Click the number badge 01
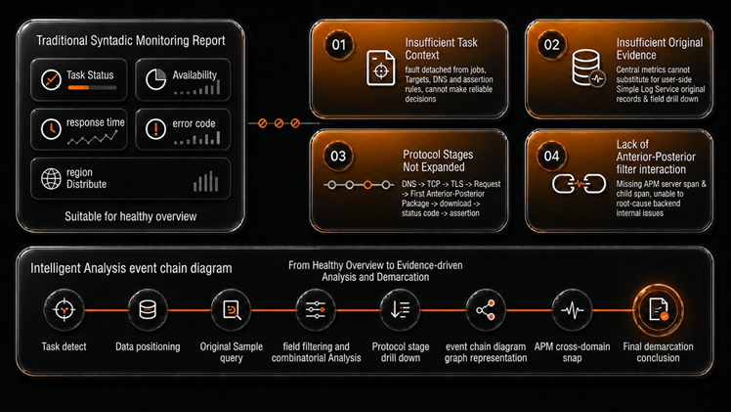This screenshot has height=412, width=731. tap(339, 45)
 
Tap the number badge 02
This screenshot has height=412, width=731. tap(551, 45)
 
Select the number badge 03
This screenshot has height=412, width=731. tap(338, 156)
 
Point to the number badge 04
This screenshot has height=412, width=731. tap(551, 156)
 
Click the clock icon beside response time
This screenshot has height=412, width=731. tap(51, 129)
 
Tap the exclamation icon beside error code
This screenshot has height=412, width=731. tap(155, 129)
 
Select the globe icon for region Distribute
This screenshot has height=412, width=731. tap(51, 179)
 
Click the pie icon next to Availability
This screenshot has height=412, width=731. tap(155, 79)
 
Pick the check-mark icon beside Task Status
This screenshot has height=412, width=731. tap(51, 80)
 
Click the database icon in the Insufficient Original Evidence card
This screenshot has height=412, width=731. tap(588, 69)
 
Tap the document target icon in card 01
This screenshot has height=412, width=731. tap(381, 69)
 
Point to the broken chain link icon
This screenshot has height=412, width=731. tap(579, 184)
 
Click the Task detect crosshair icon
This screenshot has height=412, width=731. tap(64, 309)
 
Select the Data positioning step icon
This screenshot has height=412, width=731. tap(148, 309)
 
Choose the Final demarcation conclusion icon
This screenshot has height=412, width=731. tap(659, 309)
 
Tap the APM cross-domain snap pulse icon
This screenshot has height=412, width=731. tap(572, 309)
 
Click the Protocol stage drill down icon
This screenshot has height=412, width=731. tap(401, 309)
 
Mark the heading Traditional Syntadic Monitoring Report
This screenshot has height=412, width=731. tap(131, 41)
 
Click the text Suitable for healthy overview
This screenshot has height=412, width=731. tap(131, 216)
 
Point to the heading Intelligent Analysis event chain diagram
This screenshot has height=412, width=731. tap(131, 268)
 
